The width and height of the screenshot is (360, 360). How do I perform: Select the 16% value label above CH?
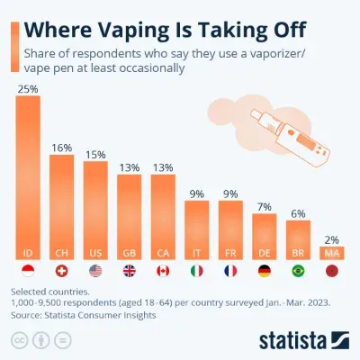61,147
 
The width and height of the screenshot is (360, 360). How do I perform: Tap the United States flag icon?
95,271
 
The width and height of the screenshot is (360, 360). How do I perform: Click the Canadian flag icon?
163,271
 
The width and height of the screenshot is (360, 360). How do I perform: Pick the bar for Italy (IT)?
197,230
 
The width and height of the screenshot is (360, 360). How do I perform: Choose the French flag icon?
231,271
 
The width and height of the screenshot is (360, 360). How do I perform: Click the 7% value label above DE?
265,208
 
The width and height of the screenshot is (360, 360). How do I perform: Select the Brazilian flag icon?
299,271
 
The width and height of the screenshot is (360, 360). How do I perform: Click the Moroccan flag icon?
332,271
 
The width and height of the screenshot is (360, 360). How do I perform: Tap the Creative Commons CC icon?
19,340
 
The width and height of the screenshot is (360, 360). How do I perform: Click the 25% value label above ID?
28,88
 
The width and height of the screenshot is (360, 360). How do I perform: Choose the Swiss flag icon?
61,271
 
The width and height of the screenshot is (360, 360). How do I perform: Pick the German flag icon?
265,271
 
